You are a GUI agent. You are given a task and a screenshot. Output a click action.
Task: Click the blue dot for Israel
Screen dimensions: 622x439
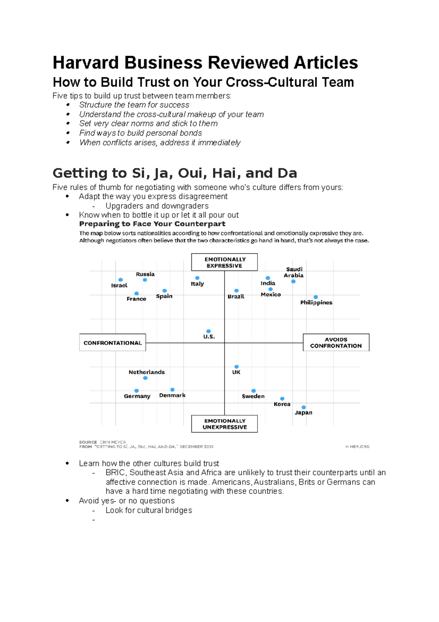coord(121,280)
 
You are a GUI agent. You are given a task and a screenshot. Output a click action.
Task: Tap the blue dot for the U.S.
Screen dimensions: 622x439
coord(209,331)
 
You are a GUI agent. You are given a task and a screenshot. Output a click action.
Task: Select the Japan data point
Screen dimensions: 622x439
coord(304,407)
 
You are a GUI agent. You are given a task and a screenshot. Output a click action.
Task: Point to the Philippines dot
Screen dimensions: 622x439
coord(316,297)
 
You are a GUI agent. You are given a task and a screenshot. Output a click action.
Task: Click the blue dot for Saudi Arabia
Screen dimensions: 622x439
coord(293,282)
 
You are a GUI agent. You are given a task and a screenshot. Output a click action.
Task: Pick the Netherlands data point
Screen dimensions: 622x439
coord(145,378)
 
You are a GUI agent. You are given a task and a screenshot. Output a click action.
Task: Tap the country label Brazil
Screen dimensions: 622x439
coord(236,296)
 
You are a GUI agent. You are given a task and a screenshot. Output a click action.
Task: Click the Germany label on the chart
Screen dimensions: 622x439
coord(137,396)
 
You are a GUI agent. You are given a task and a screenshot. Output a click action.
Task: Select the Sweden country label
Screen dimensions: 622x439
coord(253,396)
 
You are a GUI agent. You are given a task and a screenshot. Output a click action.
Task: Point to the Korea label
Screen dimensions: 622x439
coord(282,404)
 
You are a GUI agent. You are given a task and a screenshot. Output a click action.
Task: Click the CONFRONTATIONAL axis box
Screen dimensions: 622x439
coord(113,343)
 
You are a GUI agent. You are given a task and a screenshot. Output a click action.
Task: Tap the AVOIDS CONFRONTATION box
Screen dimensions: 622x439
coord(336,343)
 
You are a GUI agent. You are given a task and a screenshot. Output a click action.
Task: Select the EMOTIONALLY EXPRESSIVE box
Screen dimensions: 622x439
coord(224,262)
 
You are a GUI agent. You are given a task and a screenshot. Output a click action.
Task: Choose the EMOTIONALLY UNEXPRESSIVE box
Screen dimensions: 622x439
coord(225,424)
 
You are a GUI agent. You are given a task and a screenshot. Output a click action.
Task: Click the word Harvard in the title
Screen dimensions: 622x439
coord(86,63)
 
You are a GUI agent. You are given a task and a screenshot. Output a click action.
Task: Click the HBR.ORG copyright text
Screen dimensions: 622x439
coord(358,447)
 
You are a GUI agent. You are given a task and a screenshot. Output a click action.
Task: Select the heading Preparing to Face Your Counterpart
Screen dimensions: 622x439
coord(152,224)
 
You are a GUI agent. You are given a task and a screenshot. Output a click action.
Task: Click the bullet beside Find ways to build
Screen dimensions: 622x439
coord(68,133)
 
